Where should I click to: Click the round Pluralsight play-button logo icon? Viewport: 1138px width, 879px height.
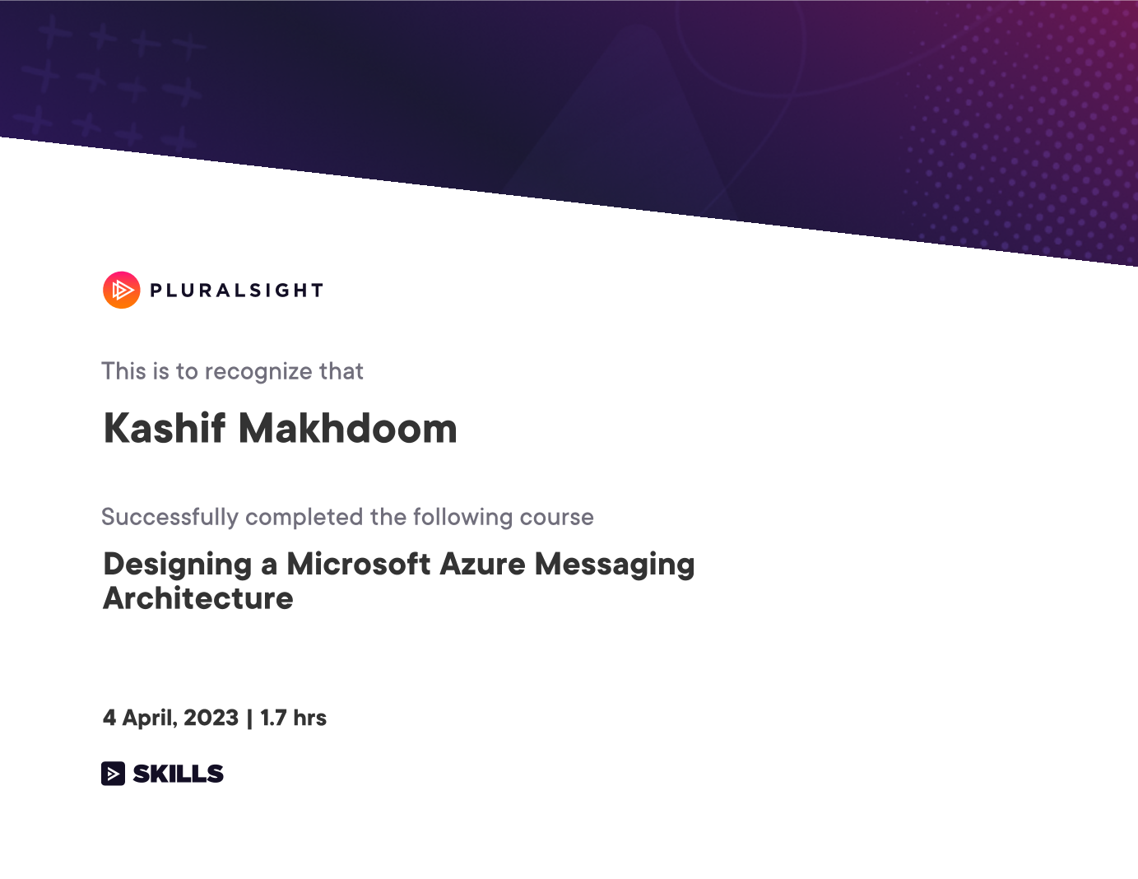(122, 290)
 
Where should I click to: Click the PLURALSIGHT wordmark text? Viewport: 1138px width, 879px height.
(237, 291)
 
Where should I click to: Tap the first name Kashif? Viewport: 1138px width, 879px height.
(164, 429)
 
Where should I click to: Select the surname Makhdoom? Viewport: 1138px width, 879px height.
(348, 429)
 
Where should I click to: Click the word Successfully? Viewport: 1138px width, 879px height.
(170, 518)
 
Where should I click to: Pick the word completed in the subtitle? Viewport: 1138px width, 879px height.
(304, 518)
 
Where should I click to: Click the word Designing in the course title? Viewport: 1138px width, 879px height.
(178, 565)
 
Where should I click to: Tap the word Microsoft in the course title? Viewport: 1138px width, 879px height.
(358, 564)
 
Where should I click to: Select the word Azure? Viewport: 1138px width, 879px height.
(482, 565)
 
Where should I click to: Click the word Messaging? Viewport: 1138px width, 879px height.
(615, 565)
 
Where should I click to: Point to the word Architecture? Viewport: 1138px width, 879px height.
(198, 598)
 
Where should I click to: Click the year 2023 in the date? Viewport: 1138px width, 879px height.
(211, 718)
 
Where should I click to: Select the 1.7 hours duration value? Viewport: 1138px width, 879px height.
(293, 718)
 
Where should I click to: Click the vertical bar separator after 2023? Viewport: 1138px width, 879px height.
(249, 719)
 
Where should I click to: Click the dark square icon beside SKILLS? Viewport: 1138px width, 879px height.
(113, 774)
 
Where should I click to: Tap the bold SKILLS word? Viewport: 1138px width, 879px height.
(178, 774)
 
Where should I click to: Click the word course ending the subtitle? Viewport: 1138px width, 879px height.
(557, 518)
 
